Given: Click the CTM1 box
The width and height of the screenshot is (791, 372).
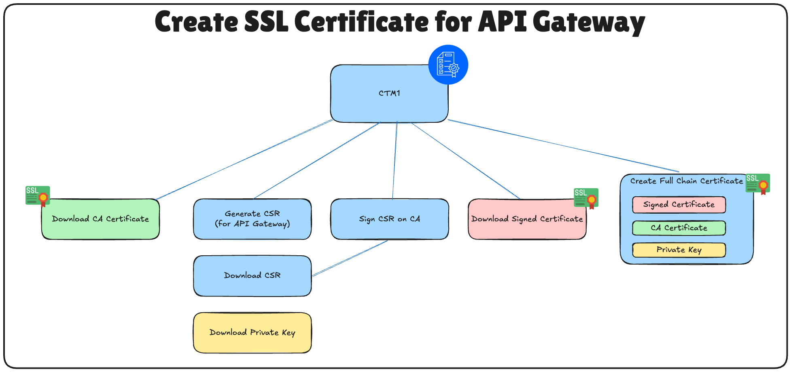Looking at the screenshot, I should click(389, 94).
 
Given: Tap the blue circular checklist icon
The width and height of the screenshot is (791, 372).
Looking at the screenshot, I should click(448, 65).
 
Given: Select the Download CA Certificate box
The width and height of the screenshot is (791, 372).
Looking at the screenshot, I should click(100, 219).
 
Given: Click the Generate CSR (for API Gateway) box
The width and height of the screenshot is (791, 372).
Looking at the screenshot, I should click(252, 219).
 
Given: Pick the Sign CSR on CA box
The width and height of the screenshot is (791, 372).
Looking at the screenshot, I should click(389, 219).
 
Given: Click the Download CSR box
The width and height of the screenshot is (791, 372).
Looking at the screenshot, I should click(252, 276).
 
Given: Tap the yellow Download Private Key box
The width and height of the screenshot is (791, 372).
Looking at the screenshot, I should click(252, 333).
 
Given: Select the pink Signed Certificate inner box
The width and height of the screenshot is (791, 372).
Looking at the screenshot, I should click(679, 205).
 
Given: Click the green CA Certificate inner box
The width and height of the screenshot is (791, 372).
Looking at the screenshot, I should click(679, 228).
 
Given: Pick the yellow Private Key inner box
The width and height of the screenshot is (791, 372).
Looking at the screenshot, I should click(679, 250).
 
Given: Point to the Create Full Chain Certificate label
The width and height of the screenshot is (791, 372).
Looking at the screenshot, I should click(686, 181).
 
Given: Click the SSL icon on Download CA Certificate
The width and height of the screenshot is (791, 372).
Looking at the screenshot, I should click(38, 196).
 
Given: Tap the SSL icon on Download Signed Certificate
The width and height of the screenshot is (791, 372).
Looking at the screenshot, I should click(586, 198).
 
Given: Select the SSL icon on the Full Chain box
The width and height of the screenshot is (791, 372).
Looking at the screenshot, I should click(757, 184).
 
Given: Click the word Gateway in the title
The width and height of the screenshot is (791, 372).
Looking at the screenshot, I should click(589, 22).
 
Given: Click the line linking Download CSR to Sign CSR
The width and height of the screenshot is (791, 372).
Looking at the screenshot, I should click(350, 259).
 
